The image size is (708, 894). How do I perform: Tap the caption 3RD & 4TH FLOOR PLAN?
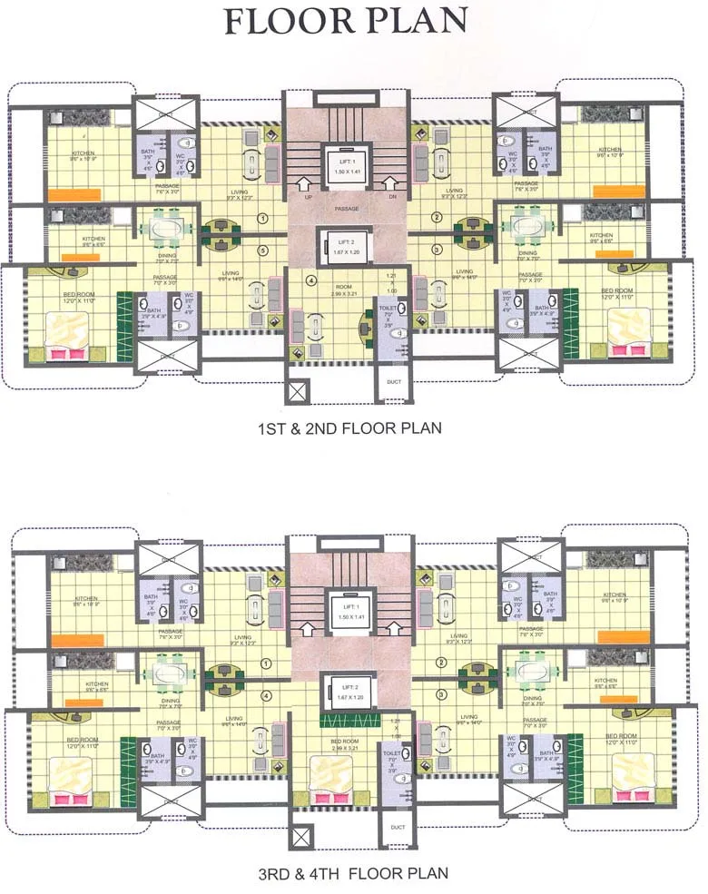(353, 874)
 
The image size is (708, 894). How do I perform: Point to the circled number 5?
(263, 251)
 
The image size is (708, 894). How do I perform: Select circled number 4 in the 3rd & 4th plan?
(266, 696)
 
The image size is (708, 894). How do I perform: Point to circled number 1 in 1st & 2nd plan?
(262, 218)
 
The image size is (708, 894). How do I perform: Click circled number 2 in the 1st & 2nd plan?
(436, 218)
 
